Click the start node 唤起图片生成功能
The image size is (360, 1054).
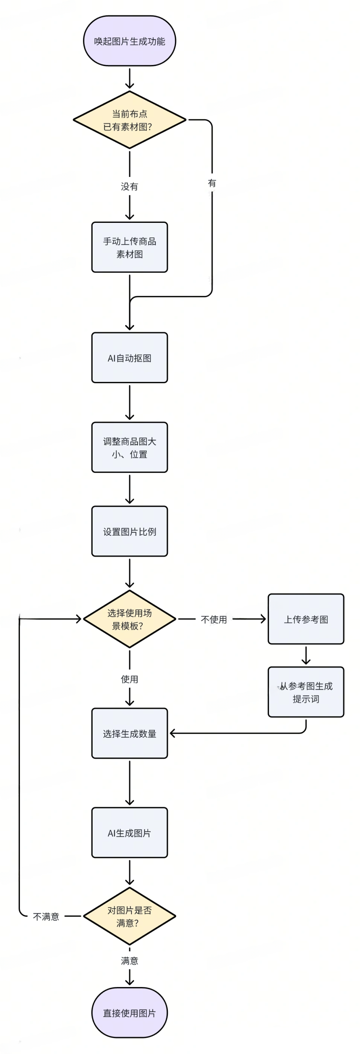[x=129, y=41]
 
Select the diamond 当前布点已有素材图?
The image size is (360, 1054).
[x=129, y=120]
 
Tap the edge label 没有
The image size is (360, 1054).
[x=129, y=187]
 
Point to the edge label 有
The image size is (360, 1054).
[x=212, y=183]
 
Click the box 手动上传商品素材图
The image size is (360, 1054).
[x=129, y=247]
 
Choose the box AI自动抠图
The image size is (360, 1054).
[x=129, y=358]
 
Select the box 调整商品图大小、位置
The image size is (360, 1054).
[x=129, y=447]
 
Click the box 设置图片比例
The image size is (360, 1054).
[x=129, y=531]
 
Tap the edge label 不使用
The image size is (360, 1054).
[x=214, y=620]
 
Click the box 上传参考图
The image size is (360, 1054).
[x=306, y=619]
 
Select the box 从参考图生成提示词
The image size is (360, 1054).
[x=306, y=692]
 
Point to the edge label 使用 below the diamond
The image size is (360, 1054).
[x=129, y=679]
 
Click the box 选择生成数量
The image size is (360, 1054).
[x=129, y=733]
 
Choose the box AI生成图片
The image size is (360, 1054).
[x=129, y=833]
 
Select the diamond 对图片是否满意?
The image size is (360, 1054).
[x=129, y=916]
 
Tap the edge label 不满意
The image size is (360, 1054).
[x=46, y=917]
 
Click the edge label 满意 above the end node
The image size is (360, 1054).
[x=129, y=961]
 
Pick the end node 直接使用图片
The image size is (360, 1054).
[x=129, y=1013]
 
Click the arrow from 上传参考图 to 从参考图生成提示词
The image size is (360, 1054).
[x=306, y=655]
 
